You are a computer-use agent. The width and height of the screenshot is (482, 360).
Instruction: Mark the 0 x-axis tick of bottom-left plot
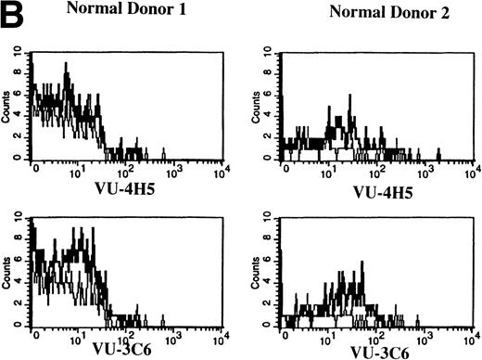[33, 337]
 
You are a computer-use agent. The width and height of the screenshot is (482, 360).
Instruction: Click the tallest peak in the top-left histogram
[66, 65]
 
